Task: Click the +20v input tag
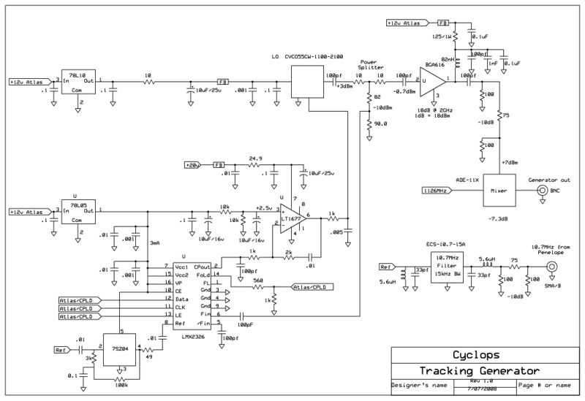point(193,165)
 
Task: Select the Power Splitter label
point(371,65)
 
